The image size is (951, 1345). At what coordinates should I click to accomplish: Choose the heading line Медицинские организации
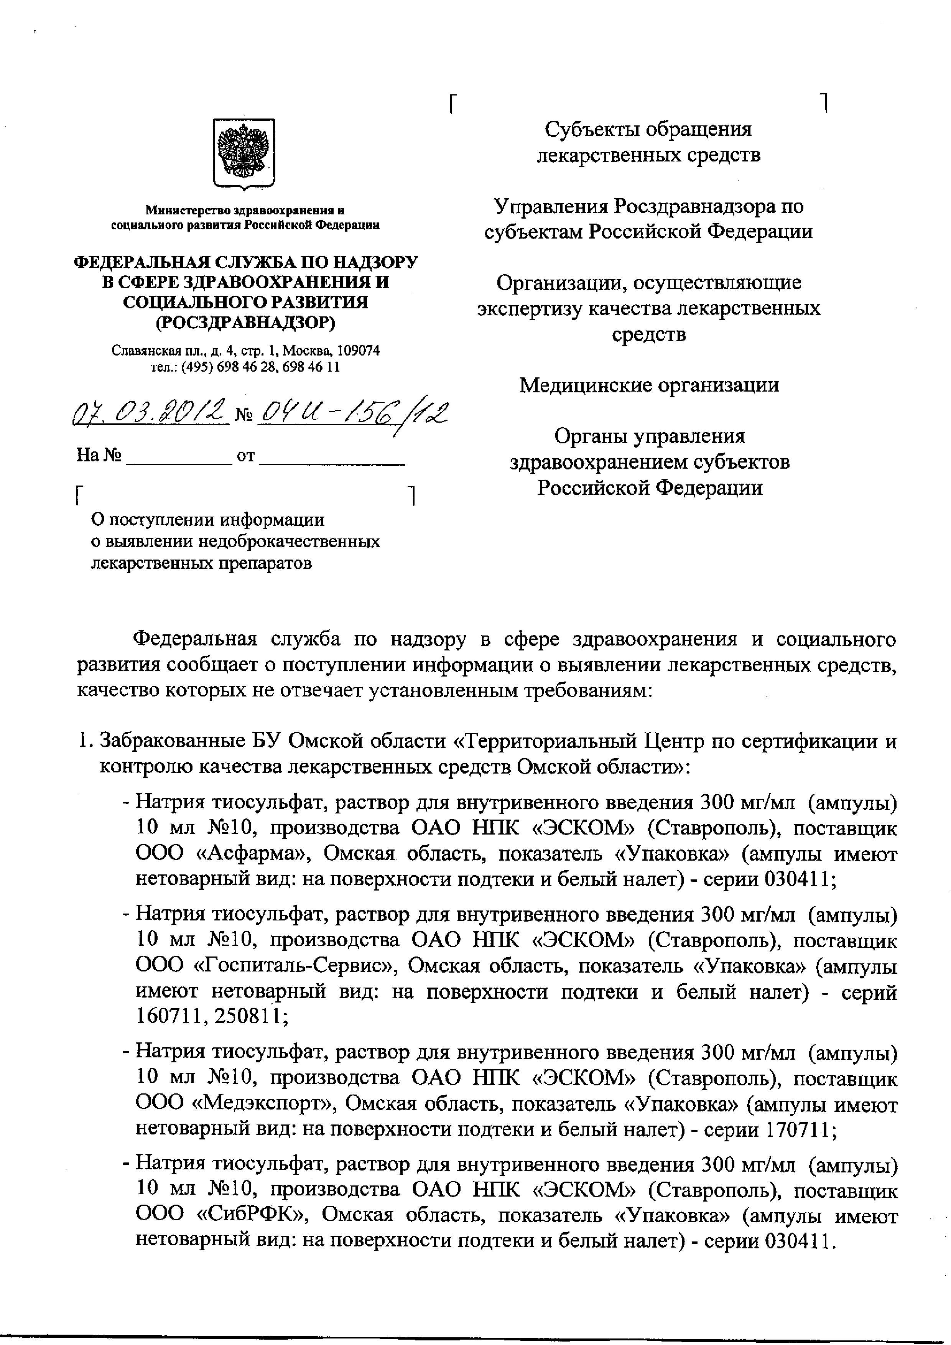(649, 385)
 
